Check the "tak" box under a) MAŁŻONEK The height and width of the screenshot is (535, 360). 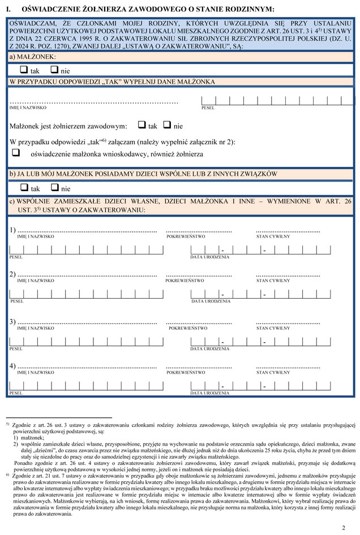23,71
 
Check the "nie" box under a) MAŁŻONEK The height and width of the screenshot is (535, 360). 54,71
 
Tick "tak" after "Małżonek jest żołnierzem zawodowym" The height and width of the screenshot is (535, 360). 142,125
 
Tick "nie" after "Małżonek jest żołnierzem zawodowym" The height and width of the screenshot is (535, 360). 167,125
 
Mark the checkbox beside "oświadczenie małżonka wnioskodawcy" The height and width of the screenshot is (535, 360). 16,153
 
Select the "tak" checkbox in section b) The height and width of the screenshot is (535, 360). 23,188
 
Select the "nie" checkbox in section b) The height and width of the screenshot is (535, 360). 54,188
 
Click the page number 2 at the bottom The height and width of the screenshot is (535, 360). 343,527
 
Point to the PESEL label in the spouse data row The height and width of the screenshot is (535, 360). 208,107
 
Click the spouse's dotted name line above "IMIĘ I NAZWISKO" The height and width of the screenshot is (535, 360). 94,102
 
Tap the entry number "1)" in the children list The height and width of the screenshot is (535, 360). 12,230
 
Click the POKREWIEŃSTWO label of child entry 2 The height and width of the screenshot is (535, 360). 185,281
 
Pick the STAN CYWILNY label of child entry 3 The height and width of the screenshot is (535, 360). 273,327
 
